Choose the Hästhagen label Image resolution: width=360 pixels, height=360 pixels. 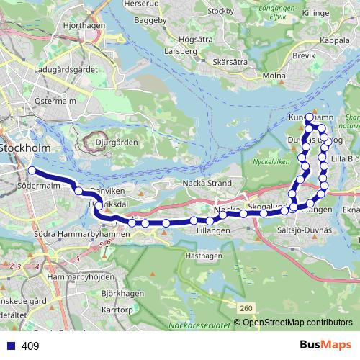[x=204, y=255]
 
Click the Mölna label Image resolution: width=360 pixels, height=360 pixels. [x=275, y=75]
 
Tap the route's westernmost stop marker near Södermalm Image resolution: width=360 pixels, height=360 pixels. [x=32, y=171]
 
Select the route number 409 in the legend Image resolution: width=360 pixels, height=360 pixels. [x=30, y=346]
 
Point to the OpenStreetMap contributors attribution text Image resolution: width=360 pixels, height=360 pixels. [x=297, y=323]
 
